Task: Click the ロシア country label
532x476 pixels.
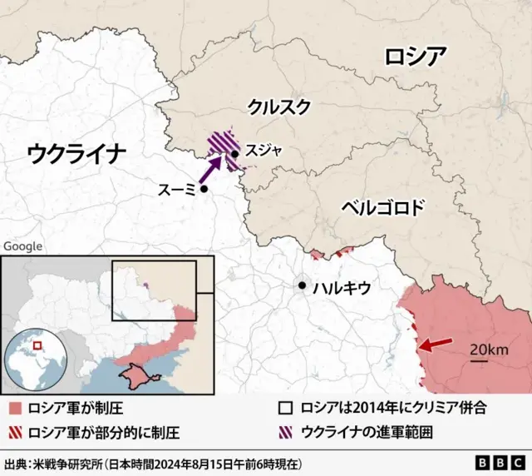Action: tap(415, 57)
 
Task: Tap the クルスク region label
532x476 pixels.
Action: tap(279, 106)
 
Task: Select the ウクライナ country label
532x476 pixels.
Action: tap(76, 153)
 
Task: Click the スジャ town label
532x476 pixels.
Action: tap(264, 151)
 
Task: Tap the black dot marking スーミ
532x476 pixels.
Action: tap(203, 189)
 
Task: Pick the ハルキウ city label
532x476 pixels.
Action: tap(341, 289)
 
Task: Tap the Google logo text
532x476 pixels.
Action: tap(22, 246)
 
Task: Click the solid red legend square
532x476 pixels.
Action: tap(16, 409)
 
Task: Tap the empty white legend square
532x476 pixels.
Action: tap(285, 409)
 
